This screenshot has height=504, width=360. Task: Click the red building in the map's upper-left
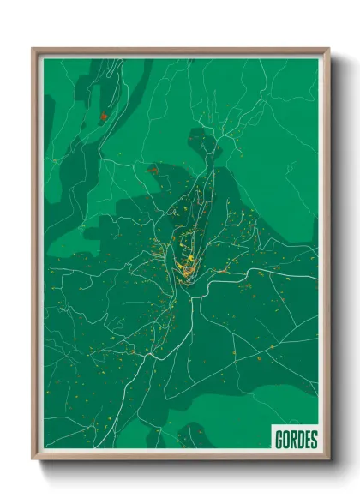pyautogui.click(x=101, y=116)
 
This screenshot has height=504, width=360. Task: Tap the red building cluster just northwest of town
pyautogui.click(x=153, y=171)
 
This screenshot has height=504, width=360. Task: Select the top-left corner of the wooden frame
pyautogui.click(x=34, y=50)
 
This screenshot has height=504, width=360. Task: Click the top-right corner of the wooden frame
pyautogui.click(x=327, y=50)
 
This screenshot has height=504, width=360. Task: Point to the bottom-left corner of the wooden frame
pyautogui.click(x=34, y=459)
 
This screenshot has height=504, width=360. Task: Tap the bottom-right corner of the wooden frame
pyautogui.click(x=327, y=459)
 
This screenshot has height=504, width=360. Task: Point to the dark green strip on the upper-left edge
pyautogui.click(x=53, y=103)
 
